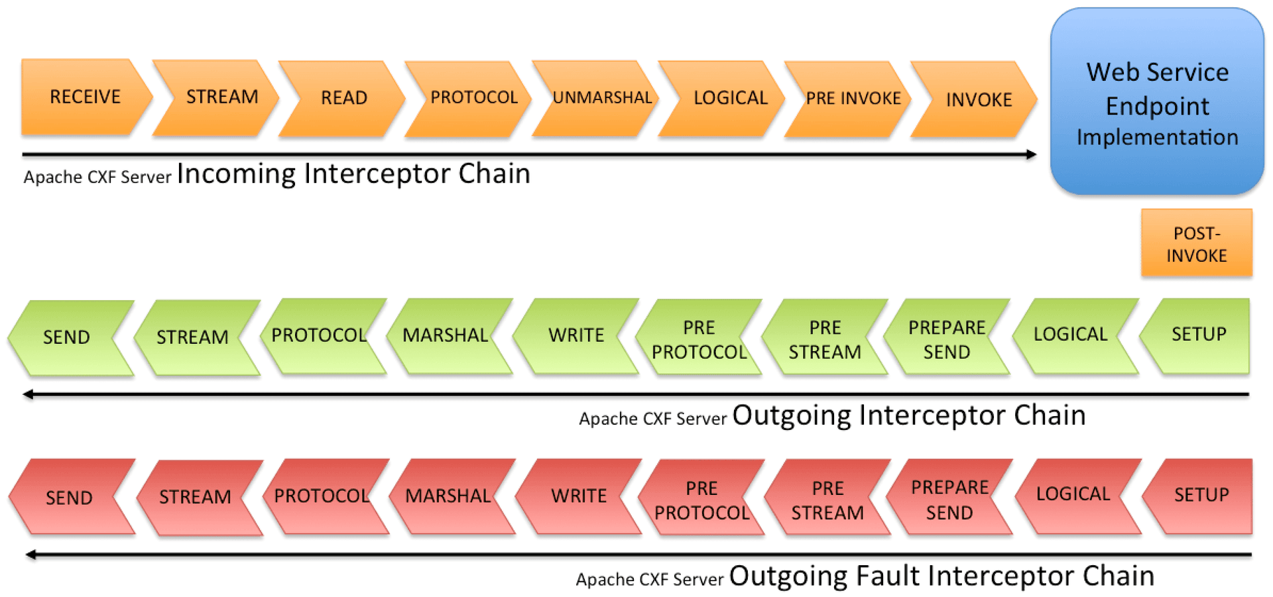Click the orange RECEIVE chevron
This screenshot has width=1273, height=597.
[x=85, y=97]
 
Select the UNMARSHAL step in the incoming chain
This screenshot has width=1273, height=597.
[x=602, y=98]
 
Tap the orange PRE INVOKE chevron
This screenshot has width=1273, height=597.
[x=853, y=99]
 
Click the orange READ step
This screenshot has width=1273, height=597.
[x=343, y=98]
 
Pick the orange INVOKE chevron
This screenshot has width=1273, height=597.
[x=979, y=99]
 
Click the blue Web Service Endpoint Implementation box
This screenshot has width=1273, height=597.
[x=1157, y=103]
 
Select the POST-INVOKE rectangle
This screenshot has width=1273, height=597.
[x=1196, y=244]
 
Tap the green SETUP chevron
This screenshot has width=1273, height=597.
[x=1199, y=335]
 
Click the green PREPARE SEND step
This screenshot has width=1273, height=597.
[x=947, y=339]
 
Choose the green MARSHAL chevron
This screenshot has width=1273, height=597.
[x=446, y=336]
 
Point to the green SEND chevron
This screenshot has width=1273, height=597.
[x=66, y=337]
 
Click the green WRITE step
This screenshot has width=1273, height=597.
[x=576, y=336]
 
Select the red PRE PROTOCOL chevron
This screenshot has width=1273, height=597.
[x=701, y=500]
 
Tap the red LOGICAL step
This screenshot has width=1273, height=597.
[x=1073, y=495]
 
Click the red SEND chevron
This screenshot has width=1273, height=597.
[x=69, y=498]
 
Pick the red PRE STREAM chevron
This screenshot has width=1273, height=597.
[x=827, y=500]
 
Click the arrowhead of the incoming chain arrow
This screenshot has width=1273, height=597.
[x=1031, y=154]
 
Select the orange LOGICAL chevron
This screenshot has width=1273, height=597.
[x=730, y=99]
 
